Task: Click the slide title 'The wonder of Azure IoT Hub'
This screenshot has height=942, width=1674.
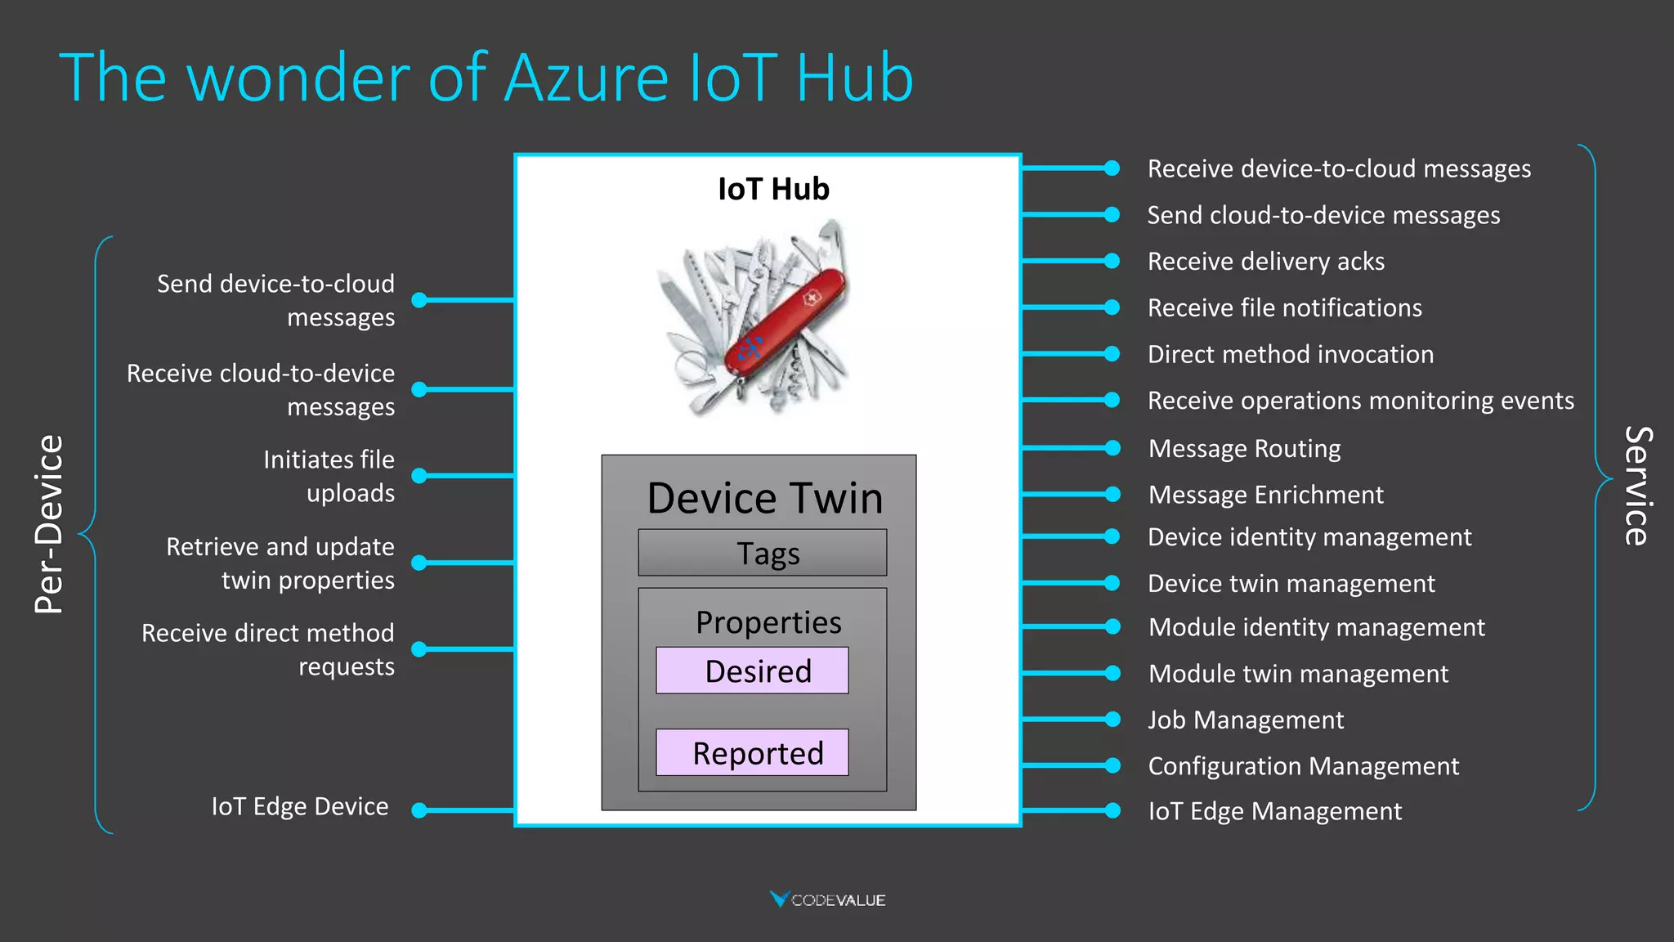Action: [x=486, y=78]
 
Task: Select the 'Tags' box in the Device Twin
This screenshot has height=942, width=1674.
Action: [x=762, y=553]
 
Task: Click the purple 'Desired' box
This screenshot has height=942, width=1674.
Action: [x=752, y=671]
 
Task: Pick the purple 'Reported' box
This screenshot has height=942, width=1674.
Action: [x=752, y=752]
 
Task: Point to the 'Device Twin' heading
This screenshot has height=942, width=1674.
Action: [x=765, y=498]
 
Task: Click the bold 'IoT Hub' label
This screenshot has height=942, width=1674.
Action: [x=773, y=189]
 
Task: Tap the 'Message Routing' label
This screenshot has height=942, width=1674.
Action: [x=1244, y=448]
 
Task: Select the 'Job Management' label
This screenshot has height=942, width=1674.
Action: [x=1246, y=720]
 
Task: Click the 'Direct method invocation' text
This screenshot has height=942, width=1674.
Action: [x=1291, y=354]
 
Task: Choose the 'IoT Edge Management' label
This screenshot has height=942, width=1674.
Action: [x=1275, y=811]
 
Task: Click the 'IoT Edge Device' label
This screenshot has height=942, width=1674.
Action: [x=300, y=806]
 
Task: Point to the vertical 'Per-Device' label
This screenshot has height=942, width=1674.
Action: [x=49, y=524]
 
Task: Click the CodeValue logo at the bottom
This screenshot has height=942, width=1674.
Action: [x=827, y=899]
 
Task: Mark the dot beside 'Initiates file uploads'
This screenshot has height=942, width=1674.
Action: [x=419, y=475]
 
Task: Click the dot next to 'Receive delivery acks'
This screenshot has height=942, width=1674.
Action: [x=1112, y=261]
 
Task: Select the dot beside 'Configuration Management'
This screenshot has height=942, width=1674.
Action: [x=1112, y=765]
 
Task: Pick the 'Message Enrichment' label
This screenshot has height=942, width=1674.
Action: [x=1265, y=495]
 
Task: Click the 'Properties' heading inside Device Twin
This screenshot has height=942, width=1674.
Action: [x=768, y=622]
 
